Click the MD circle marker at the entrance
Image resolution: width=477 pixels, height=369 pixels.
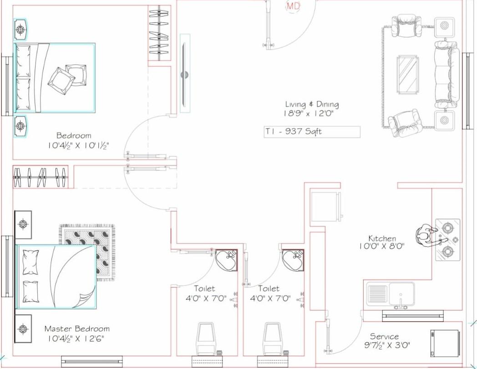(x=292, y=6)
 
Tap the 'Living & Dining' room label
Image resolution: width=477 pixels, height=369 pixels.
(x=312, y=105)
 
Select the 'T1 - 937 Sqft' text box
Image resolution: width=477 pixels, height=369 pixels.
(x=312, y=132)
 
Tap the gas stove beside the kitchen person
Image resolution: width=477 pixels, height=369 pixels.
(x=447, y=240)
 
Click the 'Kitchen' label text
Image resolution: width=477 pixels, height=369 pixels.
(x=382, y=238)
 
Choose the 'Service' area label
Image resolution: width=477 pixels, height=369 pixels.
(x=384, y=337)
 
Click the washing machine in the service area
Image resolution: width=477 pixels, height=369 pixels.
(x=444, y=343)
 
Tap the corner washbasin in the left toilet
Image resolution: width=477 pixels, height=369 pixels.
(x=226, y=260)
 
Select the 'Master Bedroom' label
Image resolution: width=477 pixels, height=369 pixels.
(x=77, y=329)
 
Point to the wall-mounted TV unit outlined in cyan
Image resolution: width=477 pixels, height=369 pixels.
(x=185, y=73)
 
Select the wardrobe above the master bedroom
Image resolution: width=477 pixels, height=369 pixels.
(x=40, y=177)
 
